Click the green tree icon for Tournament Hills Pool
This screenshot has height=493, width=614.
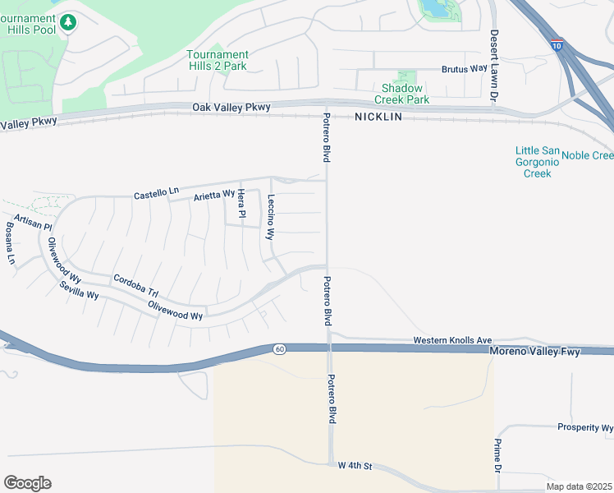pyautogui.click(x=69, y=21)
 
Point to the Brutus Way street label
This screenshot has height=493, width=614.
pyautogui.click(x=464, y=69)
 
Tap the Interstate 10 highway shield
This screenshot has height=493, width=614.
pyautogui.click(x=557, y=45)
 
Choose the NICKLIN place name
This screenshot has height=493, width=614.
pyautogui.click(x=378, y=117)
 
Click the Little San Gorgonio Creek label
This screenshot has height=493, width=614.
pyautogui.click(x=538, y=162)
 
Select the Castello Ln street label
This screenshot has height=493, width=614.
pyautogui.click(x=156, y=192)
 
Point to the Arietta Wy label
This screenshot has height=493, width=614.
pyautogui.click(x=214, y=195)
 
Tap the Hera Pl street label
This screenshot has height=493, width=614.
pyautogui.click(x=241, y=204)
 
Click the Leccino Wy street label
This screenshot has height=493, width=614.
pyautogui.click(x=270, y=216)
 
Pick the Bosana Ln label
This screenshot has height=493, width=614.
pyautogui.click(x=11, y=244)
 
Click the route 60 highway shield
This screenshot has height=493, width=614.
pyautogui.click(x=279, y=349)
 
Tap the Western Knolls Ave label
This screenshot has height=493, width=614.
pyautogui.click(x=451, y=339)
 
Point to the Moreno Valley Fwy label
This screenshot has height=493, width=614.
pyautogui.click(x=534, y=352)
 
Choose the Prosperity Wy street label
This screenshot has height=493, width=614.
pyautogui.click(x=584, y=427)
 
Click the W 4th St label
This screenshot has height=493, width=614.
pyautogui.click(x=355, y=466)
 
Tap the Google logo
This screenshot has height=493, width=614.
pyautogui.click(x=27, y=483)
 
